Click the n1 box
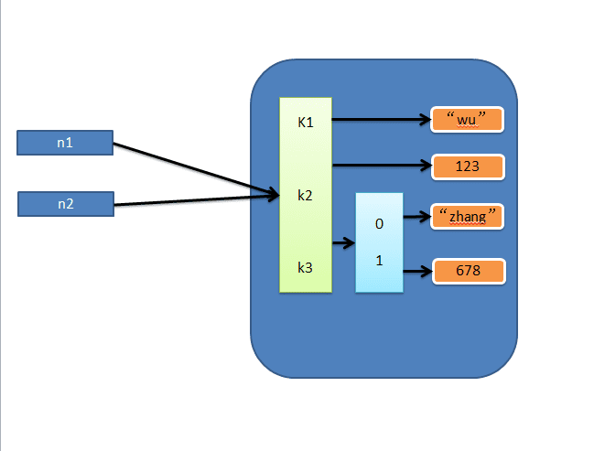[x=65, y=143]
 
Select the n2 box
[x=65, y=204]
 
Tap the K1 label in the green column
[x=305, y=122]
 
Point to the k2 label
[x=305, y=195]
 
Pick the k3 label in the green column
[x=305, y=267]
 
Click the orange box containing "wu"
[x=468, y=119]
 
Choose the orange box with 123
[x=468, y=166]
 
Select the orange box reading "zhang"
[x=468, y=216]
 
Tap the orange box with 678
[x=468, y=271]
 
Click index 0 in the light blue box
[x=379, y=222]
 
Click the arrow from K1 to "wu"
[x=380, y=119]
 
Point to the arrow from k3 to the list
[x=343, y=243]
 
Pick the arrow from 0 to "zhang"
[x=416, y=218]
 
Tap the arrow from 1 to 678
[x=416, y=271]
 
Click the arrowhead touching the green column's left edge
[x=273, y=193]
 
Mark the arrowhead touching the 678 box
[x=426, y=271]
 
